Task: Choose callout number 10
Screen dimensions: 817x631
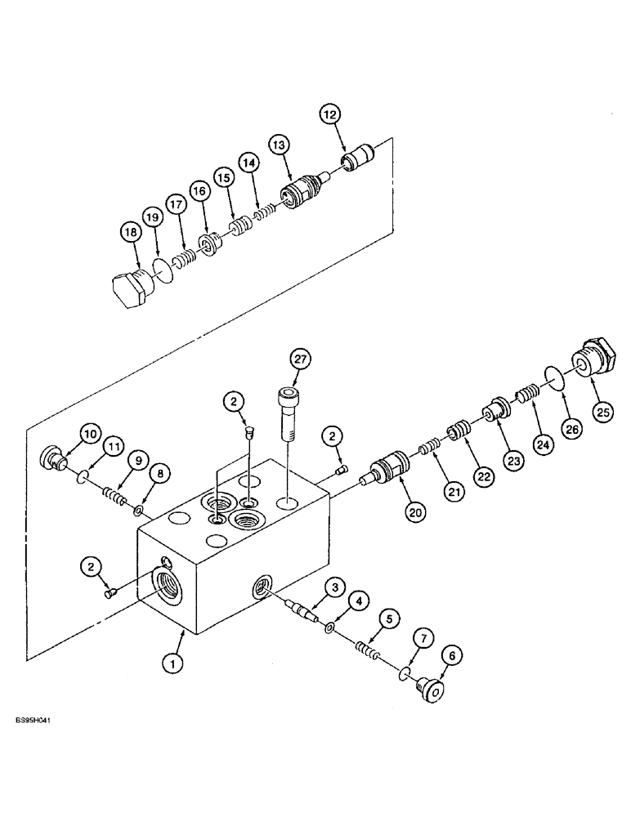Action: [89, 434]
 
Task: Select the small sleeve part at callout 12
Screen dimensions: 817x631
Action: [357, 157]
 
